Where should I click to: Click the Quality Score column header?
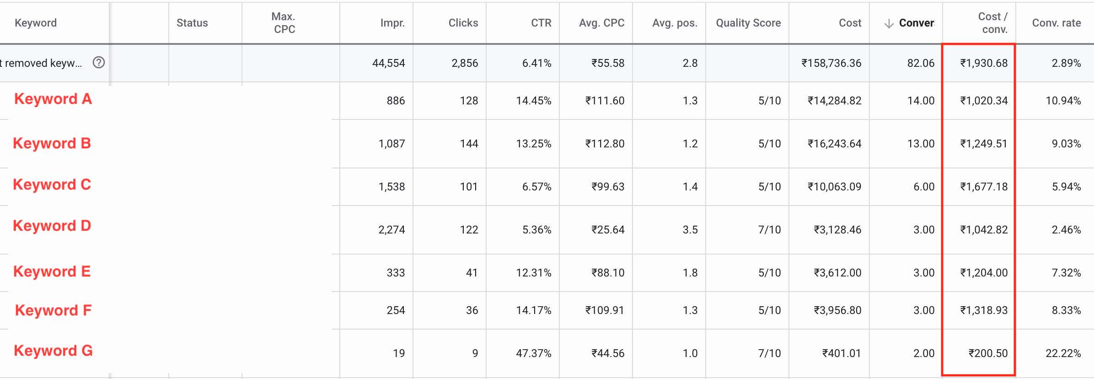[x=748, y=23]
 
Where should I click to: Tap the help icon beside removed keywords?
[x=99, y=63]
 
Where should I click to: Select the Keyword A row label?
[x=53, y=99]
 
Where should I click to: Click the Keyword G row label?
[x=53, y=351]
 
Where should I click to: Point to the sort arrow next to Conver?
[x=889, y=24]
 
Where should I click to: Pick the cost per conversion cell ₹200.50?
[x=988, y=353]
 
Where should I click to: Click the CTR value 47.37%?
[x=534, y=353]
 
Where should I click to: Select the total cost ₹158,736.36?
[x=831, y=63]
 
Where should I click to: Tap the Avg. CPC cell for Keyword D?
[x=608, y=230]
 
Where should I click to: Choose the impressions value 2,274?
[x=391, y=230]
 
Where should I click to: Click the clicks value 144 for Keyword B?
[x=469, y=144]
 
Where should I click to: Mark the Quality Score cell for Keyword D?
[x=769, y=230]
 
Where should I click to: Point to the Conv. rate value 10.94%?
[x=1063, y=101]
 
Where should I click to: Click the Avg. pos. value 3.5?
[x=690, y=230]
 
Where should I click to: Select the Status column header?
[x=192, y=23]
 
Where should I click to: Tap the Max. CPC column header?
[x=284, y=23]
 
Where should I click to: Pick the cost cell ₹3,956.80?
[x=837, y=310]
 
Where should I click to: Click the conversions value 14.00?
[x=921, y=101]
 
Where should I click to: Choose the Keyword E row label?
[x=52, y=271]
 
